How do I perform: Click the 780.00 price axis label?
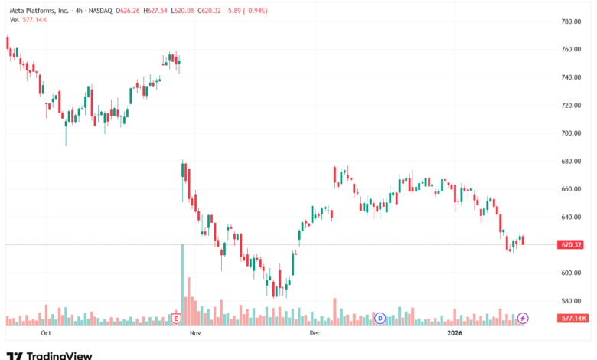point(571,21)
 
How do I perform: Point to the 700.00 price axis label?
point(571,133)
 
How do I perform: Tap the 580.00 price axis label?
point(571,301)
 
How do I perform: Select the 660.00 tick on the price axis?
point(571,189)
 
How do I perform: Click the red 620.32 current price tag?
point(570,244)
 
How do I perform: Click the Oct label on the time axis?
point(46,333)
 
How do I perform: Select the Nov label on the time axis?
point(195,333)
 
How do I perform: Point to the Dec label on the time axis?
point(315,333)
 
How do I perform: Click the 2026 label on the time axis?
point(455,333)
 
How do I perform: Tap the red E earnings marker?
point(176,318)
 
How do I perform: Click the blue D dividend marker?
point(380,318)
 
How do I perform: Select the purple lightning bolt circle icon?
point(523,318)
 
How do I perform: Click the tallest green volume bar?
point(182,285)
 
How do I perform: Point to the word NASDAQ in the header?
point(100,11)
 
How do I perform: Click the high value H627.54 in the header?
point(155,11)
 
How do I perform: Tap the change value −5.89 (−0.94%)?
point(246,11)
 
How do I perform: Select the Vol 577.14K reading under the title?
point(28,20)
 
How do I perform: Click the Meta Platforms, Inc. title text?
point(39,11)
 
